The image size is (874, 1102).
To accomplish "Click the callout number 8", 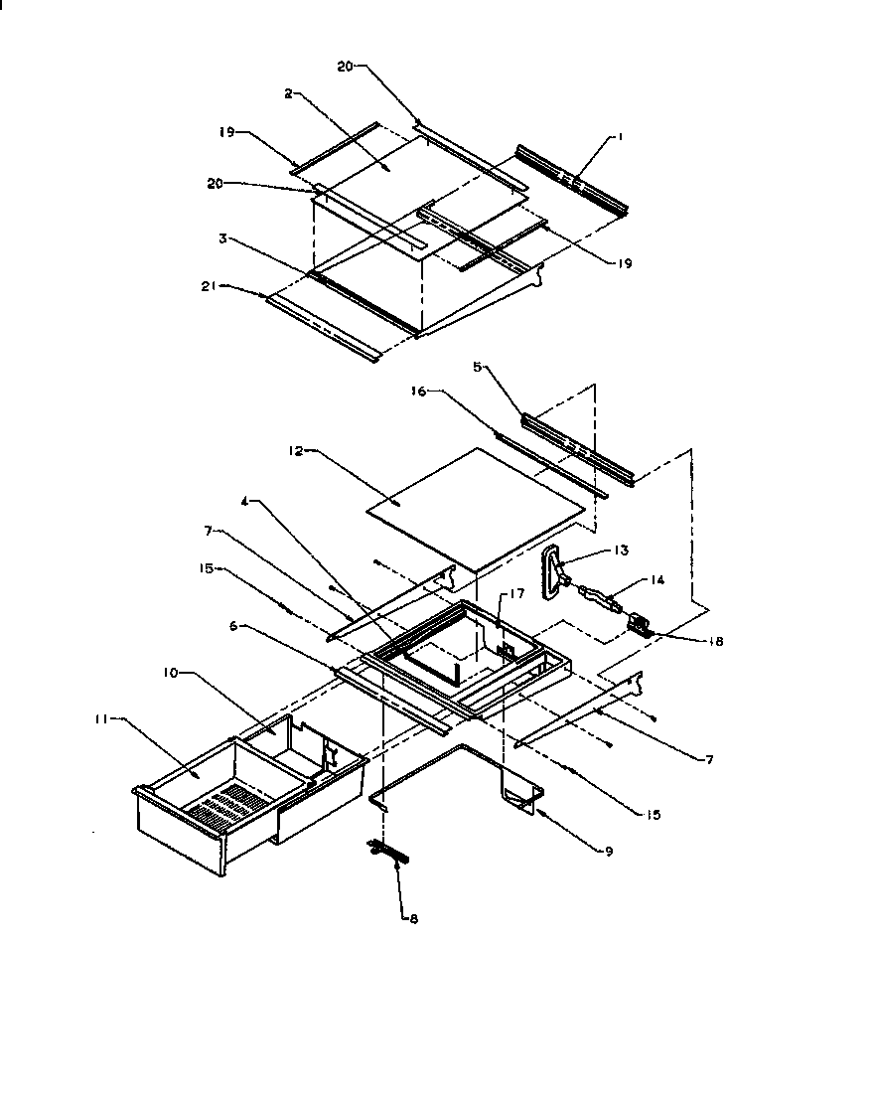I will coord(413,919).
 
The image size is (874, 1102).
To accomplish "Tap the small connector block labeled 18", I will coord(640,626).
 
